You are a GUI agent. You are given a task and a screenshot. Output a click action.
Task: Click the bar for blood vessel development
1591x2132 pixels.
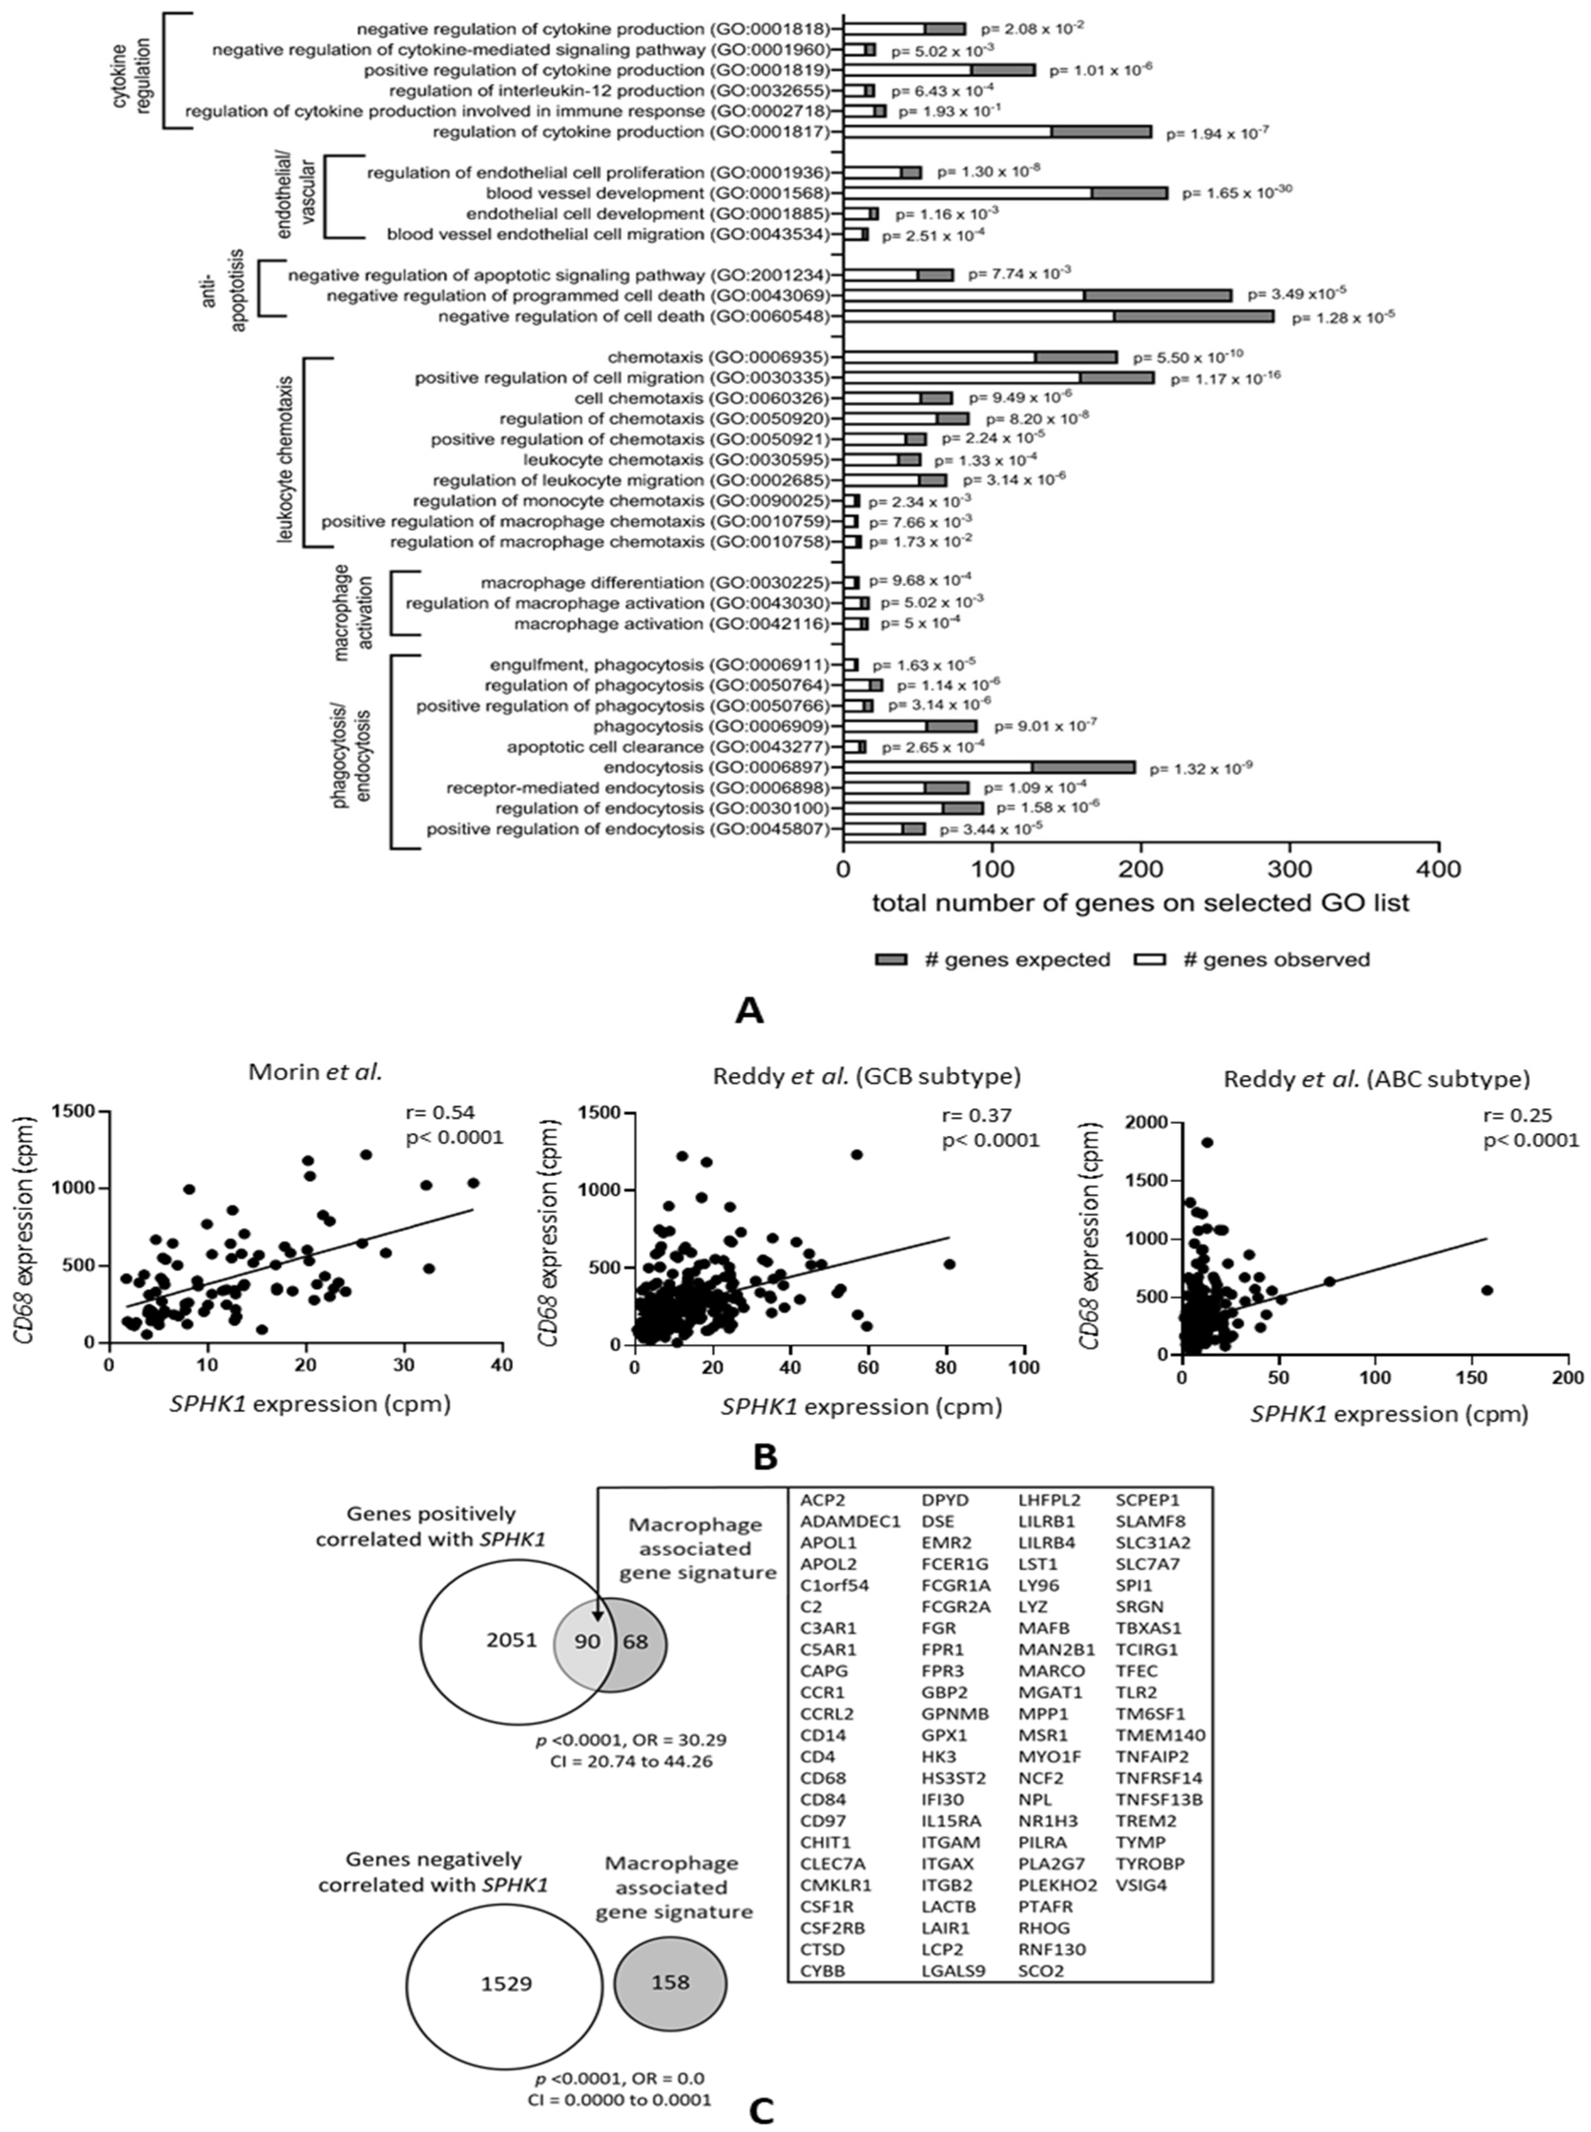tap(1006, 193)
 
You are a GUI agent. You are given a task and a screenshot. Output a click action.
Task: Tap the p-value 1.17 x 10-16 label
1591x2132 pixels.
tap(1225, 378)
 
